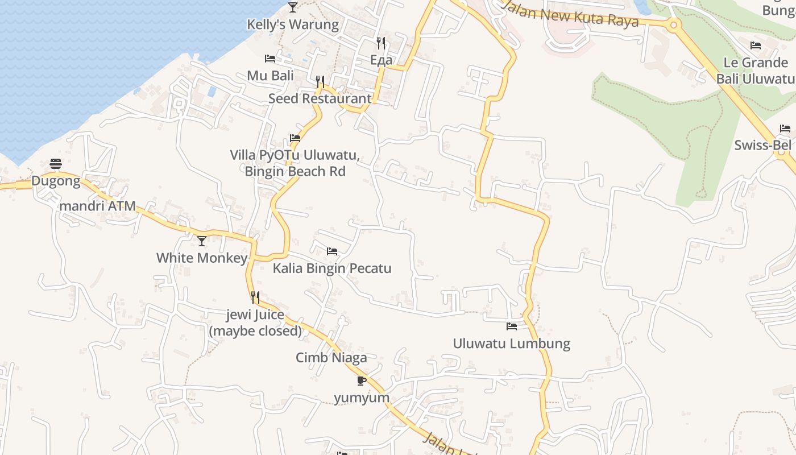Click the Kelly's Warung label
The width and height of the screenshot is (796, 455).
click(x=292, y=24)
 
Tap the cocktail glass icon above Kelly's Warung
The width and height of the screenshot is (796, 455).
click(x=293, y=7)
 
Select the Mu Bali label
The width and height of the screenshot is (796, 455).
click(x=270, y=76)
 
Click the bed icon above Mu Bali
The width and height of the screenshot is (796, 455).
click(x=270, y=59)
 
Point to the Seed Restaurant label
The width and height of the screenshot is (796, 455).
click(x=320, y=98)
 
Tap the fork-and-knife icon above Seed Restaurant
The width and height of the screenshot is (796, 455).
click(x=320, y=82)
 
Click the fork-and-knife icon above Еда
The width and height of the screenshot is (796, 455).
click(x=381, y=43)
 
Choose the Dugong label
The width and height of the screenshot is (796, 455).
click(x=56, y=181)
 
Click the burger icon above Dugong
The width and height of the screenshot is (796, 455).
click(x=56, y=164)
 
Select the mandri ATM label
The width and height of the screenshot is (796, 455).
click(x=98, y=206)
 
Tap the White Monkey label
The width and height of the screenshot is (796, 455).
click(x=202, y=258)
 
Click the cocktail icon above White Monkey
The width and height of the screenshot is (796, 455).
click(x=202, y=241)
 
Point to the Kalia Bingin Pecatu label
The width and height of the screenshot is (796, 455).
click(x=332, y=268)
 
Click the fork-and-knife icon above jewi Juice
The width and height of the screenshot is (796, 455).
click(x=255, y=297)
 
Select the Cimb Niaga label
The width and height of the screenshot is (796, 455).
click(x=331, y=358)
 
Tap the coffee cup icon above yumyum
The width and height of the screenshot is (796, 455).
click(x=361, y=380)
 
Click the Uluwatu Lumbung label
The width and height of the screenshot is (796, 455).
click(x=511, y=344)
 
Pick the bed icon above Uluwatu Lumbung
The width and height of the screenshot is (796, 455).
click(x=512, y=326)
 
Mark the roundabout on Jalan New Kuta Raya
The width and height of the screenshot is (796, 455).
click(x=674, y=24)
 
